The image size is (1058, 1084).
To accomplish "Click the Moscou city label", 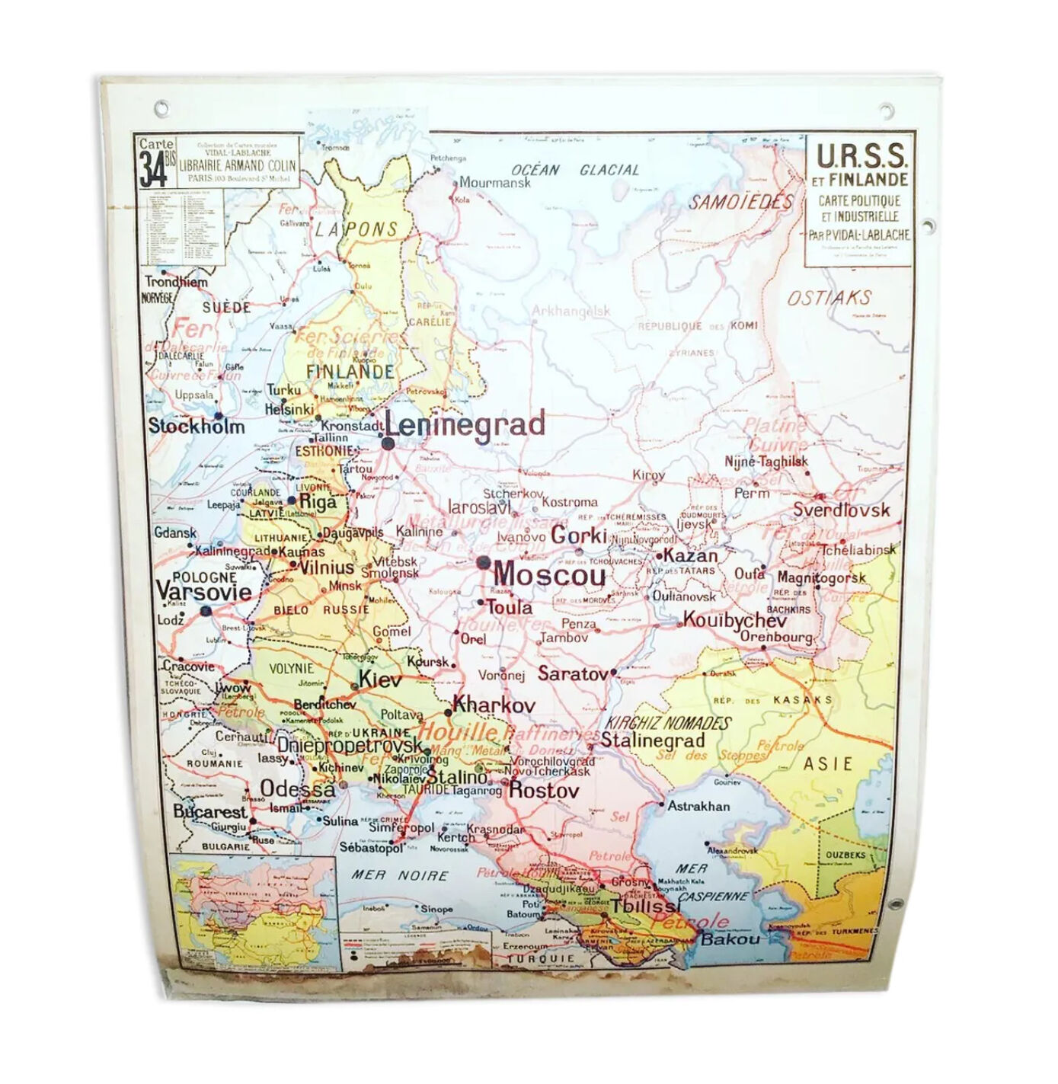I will pyautogui.click(x=550, y=574).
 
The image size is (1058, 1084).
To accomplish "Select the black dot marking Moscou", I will pyautogui.click(x=483, y=562).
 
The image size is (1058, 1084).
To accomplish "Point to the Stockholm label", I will pyautogui.click(x=197, y=426).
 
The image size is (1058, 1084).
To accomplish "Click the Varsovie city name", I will pyautogui.click(x=203, y=592).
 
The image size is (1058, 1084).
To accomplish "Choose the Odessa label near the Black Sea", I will pyautogui.click(x=297, y=788).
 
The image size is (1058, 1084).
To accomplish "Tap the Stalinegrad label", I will pyautogui.click(x=653, y=740).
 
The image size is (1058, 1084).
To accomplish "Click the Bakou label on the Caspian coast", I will pyautogui.click(x=730, y=939).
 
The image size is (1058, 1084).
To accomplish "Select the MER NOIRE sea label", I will pyautogui.click(x=399, y=875).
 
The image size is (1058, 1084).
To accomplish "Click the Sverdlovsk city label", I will pyautogui.click(x=841, y=510).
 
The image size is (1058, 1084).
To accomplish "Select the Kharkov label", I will pyautogui.click(x=494, y=705).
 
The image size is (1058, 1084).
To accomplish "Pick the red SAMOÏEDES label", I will pyautogui.click(x=741, y=202).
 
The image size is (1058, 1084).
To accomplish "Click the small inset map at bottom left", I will pyautogui.click(x=253, y=913).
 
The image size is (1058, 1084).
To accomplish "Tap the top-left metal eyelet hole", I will pyautogui.click(x=161, y=108).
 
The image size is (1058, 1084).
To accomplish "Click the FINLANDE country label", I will pyautogui.click(x=350, y=373).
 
